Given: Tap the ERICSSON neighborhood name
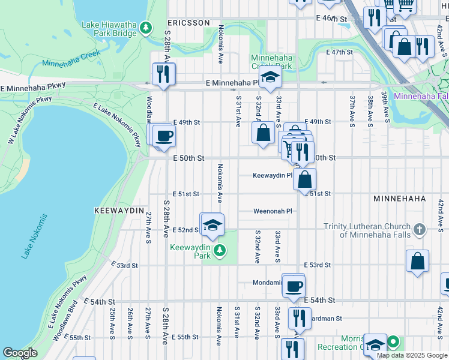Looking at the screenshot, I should [x=188, y=23].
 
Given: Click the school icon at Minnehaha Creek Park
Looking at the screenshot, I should [x=270, y=77].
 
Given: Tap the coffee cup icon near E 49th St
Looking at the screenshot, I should [x=163, y=136].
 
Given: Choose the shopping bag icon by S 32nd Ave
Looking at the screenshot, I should [x=263, y=133].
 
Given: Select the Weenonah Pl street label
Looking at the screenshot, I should [x=272, y=211].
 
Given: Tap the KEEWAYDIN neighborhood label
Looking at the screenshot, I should [x=119, y=211].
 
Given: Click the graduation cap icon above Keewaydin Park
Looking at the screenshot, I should [x=211, y=225].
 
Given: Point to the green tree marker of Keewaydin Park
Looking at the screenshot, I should [x=220, y=250].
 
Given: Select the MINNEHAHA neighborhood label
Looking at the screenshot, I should [x=399, y=198].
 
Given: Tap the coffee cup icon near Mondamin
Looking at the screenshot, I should [x=294, y=286].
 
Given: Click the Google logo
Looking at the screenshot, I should [x=20, y=353].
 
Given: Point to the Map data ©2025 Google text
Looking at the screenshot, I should [x=411, y=355].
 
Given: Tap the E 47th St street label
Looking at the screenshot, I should [x=339, y=52].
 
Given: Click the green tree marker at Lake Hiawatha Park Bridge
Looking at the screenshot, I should [x=145, y=28].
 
